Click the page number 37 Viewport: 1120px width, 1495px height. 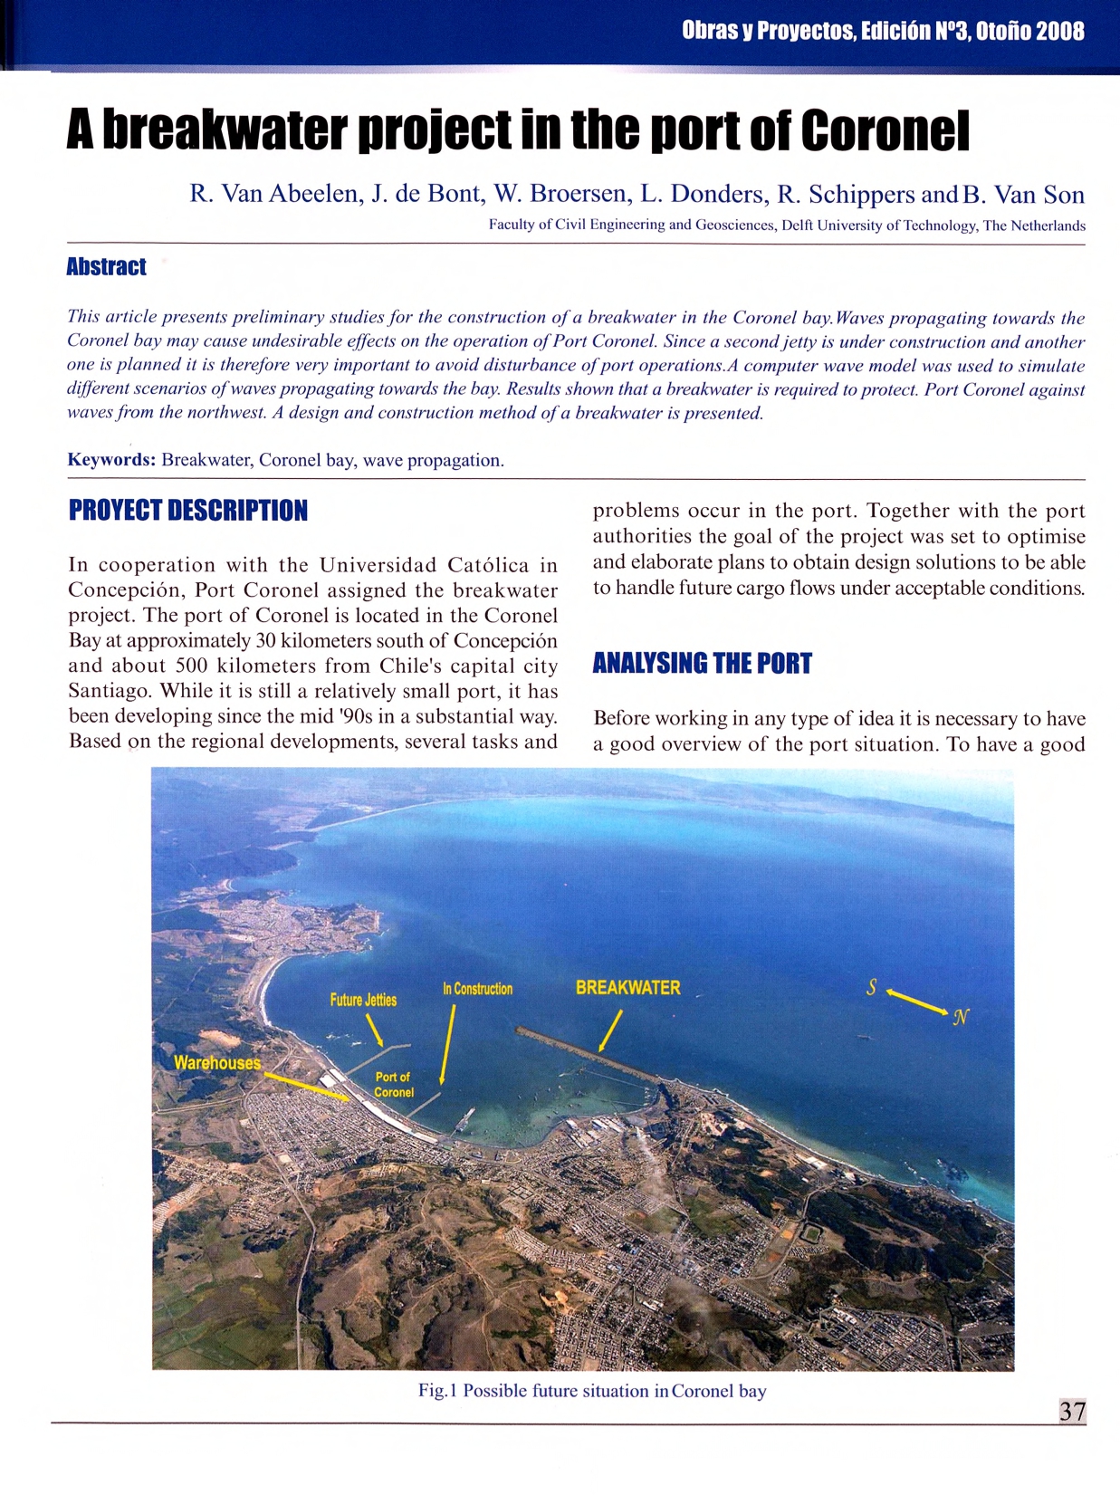(x=1072, y=1411)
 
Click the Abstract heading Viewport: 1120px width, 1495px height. (x=106, y=266)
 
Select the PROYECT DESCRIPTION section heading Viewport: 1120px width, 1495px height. (x=187, y=511)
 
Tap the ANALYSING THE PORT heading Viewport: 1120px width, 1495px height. (x=702, y=664)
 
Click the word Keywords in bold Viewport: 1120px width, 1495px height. (x=111, y=460)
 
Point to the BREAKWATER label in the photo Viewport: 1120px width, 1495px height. (x=627, y=988)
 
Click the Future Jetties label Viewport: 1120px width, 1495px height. (x=363, y=1000)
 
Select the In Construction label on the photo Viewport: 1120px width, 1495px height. (x=477, y=989)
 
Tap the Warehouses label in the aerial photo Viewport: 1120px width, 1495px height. (x=217, y=1063)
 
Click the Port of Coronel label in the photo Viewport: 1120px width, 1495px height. (x=394, y=1085)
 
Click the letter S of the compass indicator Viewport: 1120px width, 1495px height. (x=871, y=988)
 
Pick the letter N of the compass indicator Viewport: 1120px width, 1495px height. (x=961, y=1017)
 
